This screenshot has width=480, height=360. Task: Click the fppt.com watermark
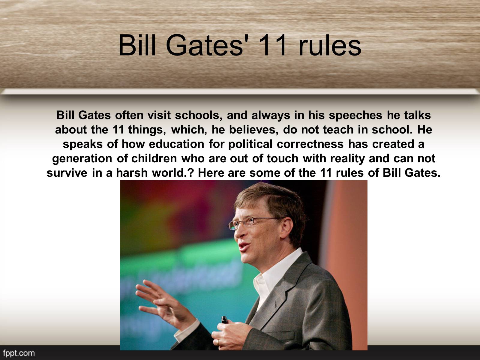pyautogui.click(x=19, y=353)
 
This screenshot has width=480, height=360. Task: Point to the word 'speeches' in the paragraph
pyautogui.click(x=355, y=115)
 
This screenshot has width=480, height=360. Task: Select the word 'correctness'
pyautogui.click(x=310, y=144)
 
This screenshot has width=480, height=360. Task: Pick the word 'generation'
pyautogui.click(x=82, y=159)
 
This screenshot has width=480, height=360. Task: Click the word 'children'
pyautogui.click(x=154, y=158)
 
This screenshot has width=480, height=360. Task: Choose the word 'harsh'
pyautogui.click(x=132, y=173)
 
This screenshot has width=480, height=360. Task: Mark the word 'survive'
pyautogui.click(x=67, y=173)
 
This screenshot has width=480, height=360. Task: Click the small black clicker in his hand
pyautogui.click(x=225, y=320)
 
